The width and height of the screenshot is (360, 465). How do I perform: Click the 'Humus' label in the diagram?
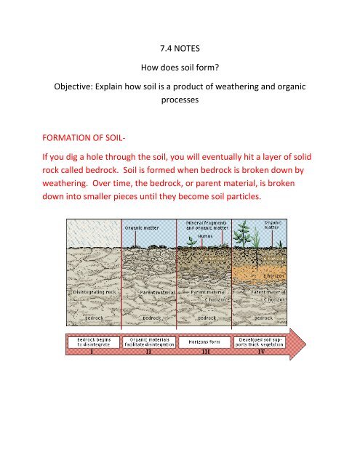(x=203, y=245)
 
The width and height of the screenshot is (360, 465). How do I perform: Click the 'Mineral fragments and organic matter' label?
(x=204, y=230)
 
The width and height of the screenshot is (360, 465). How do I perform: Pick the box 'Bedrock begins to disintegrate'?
(x=89, y=341)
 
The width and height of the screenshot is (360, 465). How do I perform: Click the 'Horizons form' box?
(x=206, y=341)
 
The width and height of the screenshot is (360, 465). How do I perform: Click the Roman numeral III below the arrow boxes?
(x=206, y=352)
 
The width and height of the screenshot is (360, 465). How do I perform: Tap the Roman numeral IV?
(x=263, y=352)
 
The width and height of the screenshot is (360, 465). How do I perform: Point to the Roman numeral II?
(x=149, y=352)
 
